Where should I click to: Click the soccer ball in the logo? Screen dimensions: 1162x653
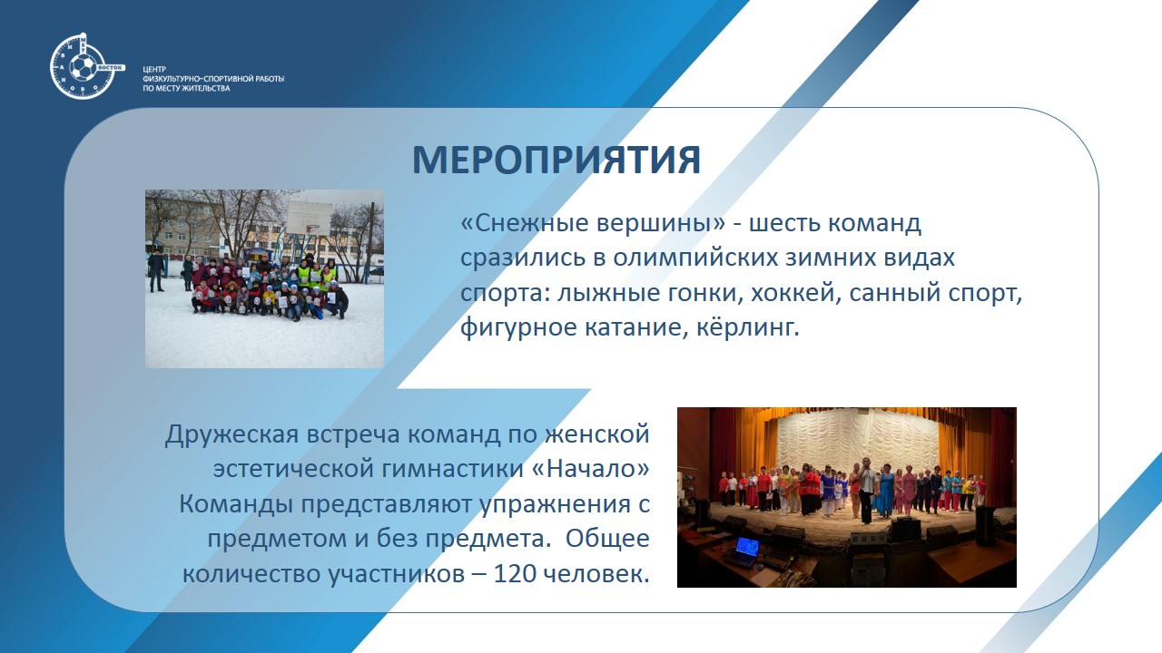coord(83,67)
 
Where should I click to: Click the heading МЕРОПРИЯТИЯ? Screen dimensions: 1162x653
coord(556,161)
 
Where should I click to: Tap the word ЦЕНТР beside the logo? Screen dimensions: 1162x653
coord(154,70)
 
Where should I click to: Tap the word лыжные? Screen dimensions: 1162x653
coord(604,293)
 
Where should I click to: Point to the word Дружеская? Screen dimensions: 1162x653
coord(231,435)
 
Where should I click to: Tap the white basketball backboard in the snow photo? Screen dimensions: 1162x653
coord(309,219)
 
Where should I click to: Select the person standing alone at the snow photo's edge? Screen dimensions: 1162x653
coord(155,270)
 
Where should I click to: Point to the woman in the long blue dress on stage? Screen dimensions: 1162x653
coord(886,492)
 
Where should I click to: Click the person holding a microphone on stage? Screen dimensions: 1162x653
coord(866,490)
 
